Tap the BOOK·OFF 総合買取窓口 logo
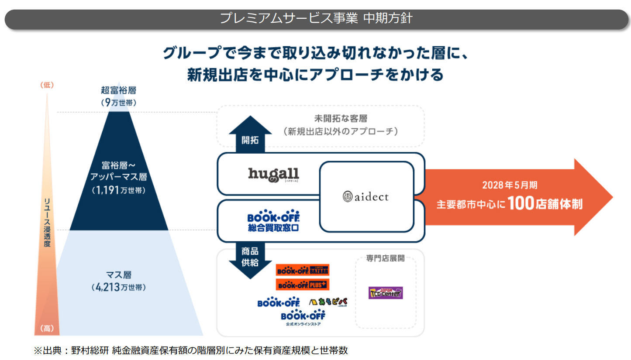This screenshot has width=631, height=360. coord(273,222)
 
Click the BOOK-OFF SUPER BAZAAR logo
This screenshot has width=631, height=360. coord(303,270)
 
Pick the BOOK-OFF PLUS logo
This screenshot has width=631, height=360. coord(303,285)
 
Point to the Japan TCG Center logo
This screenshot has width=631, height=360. coord(385,292)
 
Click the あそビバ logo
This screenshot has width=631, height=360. coord(328,302)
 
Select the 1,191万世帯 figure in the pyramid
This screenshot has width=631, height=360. coord(119,190)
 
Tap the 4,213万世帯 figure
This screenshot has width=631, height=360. coord(119,288)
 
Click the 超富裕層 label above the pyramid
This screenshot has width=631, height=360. coord(119,90)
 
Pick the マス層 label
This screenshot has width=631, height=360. coord(119,275)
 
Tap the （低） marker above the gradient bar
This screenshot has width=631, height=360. coord(46,85)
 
